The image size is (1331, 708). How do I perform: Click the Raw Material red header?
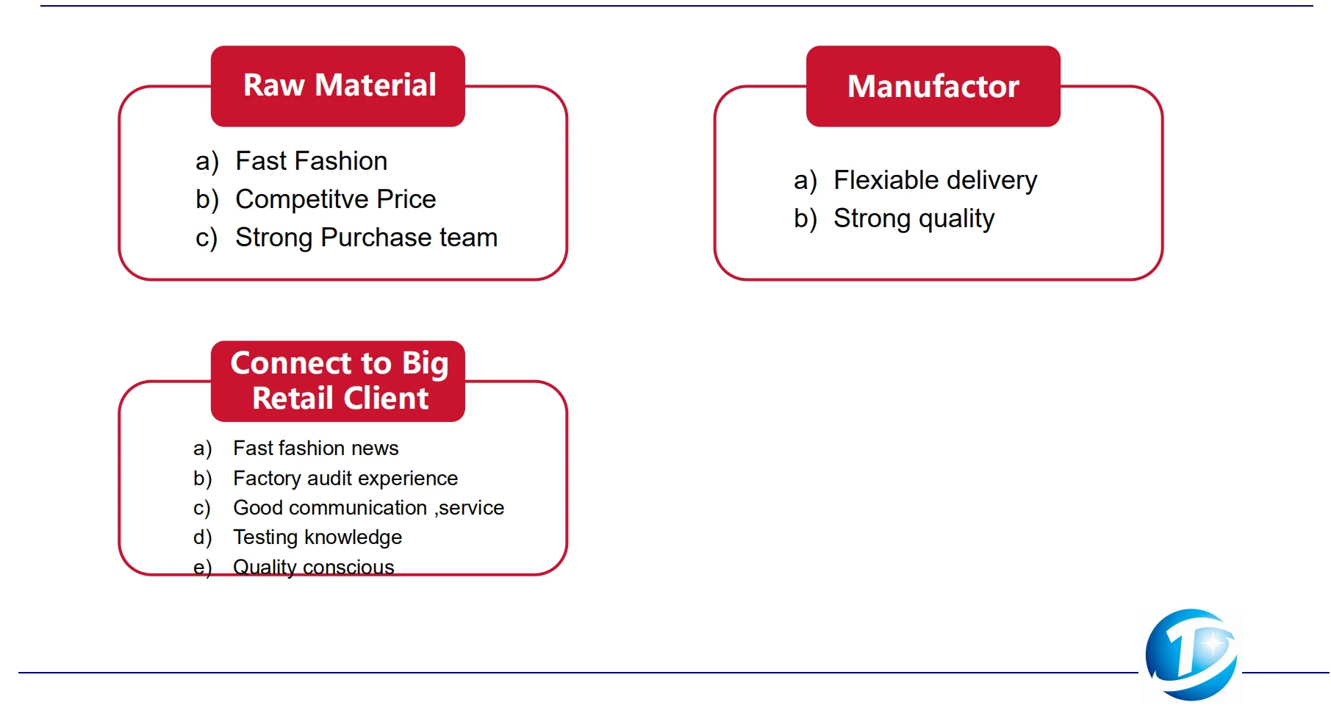(338, 86)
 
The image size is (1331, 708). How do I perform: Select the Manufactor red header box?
(933, 86)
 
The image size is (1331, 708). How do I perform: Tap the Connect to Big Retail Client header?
(338, 381)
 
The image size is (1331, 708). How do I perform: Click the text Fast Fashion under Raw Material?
(311, 161)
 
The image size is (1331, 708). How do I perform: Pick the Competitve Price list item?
(335, 199)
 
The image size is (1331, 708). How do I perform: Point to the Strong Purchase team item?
(366, 237)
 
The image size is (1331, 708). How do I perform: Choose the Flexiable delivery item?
(935, 180)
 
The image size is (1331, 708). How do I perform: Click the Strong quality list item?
(914, 218)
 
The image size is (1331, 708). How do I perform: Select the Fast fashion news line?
(315, 448)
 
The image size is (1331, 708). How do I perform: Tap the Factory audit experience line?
(345, 478)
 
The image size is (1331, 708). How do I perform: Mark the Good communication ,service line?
(368, 507)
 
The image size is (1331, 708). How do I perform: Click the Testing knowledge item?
(317, 537)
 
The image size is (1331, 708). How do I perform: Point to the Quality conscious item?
(313, 567)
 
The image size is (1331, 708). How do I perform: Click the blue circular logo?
(1191, 654)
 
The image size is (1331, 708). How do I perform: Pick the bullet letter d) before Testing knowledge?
(202, 537)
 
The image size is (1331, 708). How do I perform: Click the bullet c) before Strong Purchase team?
(207, 238)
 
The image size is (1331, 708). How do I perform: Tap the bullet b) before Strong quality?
(805, 218)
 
